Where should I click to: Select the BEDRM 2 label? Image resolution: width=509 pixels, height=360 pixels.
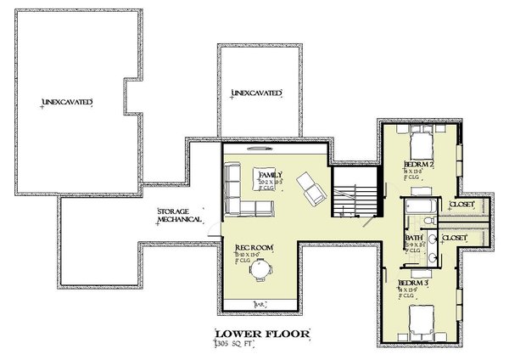click(418, 162)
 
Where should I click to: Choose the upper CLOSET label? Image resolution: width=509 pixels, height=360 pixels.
click(461, 205)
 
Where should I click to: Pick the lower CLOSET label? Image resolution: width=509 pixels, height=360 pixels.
click(455, 239)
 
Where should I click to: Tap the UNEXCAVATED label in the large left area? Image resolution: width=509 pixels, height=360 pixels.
click(66, 103)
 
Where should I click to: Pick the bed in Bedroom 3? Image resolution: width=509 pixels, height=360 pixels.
click(422, 318)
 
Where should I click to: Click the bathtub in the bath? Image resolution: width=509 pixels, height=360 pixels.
click(420, 206)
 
